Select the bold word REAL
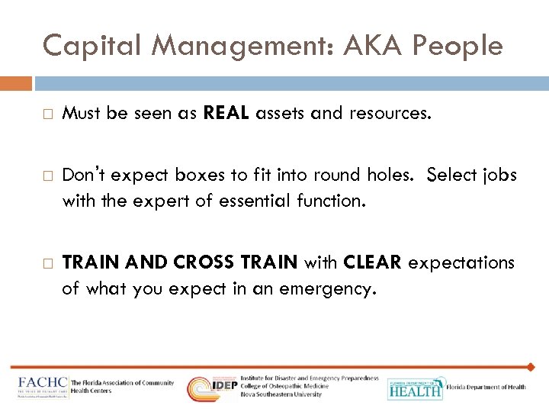[x=227, y=114]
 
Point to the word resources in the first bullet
[x=390, y=114]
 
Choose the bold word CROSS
[x=207, y=263]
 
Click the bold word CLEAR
[x=372, y=263]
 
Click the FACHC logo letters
[x=42, y=384]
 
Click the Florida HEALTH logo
[x=415, y=388]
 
